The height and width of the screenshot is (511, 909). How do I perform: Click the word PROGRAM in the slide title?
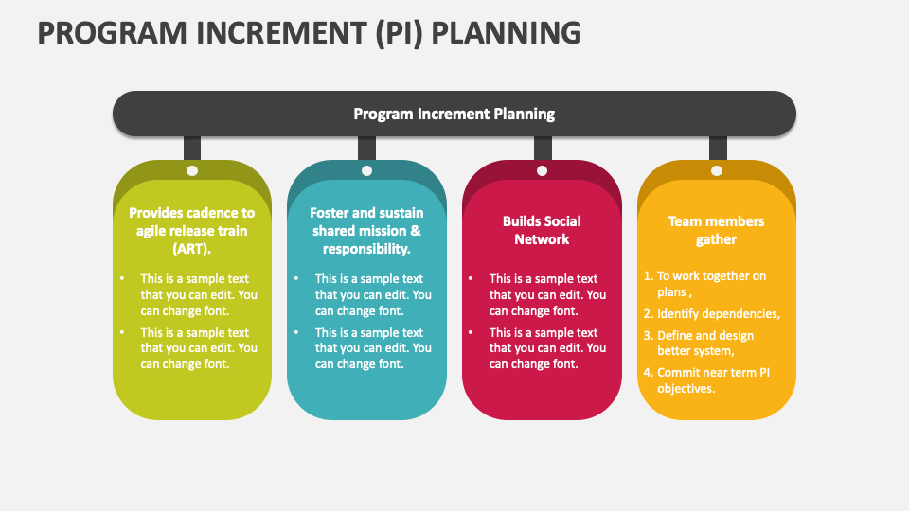pyautogui.click(x=113, y=33)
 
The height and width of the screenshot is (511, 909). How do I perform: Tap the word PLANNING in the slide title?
pyautogui.click(x=506, y=33)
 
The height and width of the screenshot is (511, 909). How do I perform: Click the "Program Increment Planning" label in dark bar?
pyautogui.click(x=454, y=114)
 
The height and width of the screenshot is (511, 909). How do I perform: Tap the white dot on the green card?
pyautogui.click(x=192, y=171)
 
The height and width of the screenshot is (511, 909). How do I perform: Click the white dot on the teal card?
pyautogui.click(x=366, y=171)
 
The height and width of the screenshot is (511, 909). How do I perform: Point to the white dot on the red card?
pyautogui.click(x=542, y=171)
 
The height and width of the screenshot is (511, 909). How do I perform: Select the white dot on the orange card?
pyautogui.click(x=717, y=171)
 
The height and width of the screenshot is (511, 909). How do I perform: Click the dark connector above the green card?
pyautogui.click(x=192, y=149)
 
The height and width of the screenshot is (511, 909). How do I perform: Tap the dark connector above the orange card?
pyautogui.click(x=718, y=149)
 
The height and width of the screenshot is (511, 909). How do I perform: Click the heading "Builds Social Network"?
pyautogui.click(x=542, y=230)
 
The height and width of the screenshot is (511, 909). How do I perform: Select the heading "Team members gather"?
pyautogui.click(x=716, y=230)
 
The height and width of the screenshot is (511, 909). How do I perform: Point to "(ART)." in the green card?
pyautogui.click(x=192, y=249)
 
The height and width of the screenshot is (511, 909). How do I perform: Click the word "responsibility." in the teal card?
pyautogui.click(x=366, y=249)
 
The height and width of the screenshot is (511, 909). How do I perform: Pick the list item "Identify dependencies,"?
pyautogui.click(x=719, y=314)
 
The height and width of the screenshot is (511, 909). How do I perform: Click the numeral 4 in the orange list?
pyautogui.click(x=648, y=373)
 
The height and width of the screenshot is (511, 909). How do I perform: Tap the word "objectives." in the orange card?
pyautogui.click(x=686, y=389)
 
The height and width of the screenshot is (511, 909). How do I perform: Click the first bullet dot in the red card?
pyautogui.click(x=471, y=278)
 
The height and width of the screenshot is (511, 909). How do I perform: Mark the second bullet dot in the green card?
pyautogui.click(x=122, y=332)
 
